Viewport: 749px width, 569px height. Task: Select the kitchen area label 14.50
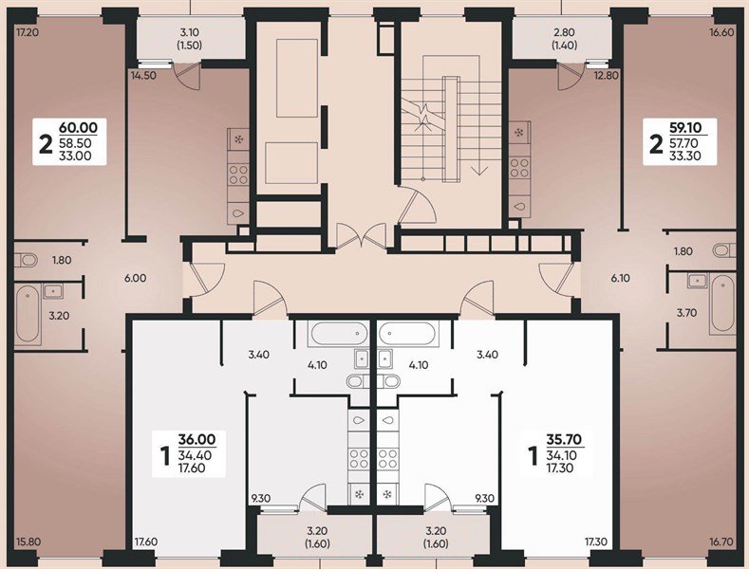[x=144, y=75]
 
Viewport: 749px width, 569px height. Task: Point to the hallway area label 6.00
[x=136, y=278]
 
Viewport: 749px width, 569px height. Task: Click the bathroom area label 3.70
[x=686, y=311]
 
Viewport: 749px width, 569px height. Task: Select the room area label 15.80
[x=28, y=541]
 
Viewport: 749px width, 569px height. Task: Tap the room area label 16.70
[x=721, y=541]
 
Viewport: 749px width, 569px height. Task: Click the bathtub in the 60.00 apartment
[x=28, y=313]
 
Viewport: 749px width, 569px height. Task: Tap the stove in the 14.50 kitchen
[x=237, y=174]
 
